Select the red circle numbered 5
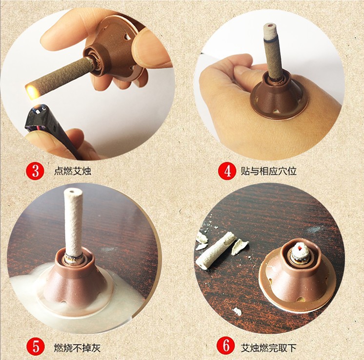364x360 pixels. click(x=36, y=347)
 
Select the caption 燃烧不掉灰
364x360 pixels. click(x=76, y=347)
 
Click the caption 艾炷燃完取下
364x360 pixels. click(x=271, y=347)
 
